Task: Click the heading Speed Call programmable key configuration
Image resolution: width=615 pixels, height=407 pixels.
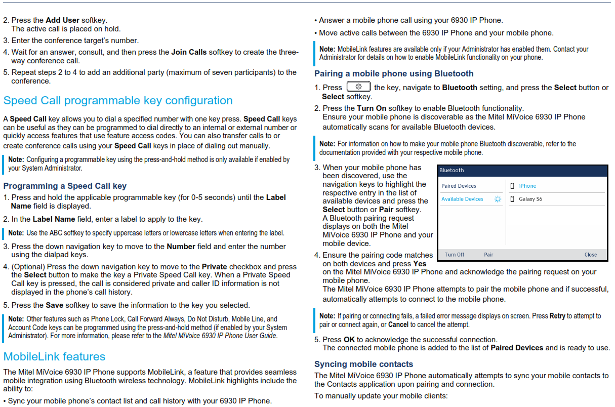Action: click(118, 101)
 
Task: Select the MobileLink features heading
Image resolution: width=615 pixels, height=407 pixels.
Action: click(54, 356)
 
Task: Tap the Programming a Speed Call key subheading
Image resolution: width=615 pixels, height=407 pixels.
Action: click(65, 186)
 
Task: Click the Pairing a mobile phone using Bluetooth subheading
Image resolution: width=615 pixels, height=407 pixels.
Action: click(394, 73)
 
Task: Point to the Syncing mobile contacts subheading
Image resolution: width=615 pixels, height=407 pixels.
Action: click(363, 364)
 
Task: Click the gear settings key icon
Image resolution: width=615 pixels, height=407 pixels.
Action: click(358, 87)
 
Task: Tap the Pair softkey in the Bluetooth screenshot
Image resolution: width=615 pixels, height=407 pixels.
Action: click(488, 255)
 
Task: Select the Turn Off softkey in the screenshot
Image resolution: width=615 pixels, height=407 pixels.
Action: click(455, 255)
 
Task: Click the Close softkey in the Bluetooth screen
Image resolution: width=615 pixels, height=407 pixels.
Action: click(591, 255)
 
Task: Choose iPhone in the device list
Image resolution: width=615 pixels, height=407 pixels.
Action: click(527, 186)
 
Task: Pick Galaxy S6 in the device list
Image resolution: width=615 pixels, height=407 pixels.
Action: click(530, 199)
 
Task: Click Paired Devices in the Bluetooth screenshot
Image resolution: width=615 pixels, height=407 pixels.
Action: click(459, 186)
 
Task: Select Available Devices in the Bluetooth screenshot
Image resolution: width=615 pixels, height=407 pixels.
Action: click(462, 199)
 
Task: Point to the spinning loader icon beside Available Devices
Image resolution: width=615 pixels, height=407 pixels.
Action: click(498, 199)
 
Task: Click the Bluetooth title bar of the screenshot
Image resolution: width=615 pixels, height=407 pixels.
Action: click(522, 171)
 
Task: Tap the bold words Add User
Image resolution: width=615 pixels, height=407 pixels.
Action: click(62, 20)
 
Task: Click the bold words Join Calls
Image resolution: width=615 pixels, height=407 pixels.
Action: click(189, 52)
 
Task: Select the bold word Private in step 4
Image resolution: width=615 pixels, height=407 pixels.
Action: click(215, 267)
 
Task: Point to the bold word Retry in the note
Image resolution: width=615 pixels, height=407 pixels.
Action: click(557, 316)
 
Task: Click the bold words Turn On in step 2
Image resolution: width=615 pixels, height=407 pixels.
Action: click(372, 108)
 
